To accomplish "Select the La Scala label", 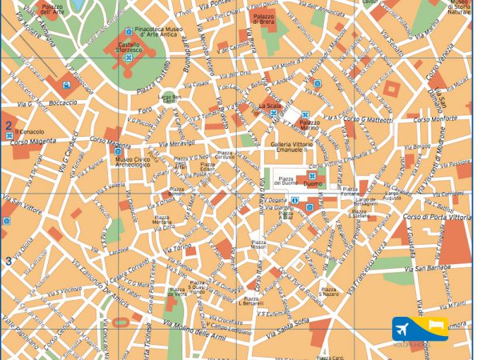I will tap(268, 106).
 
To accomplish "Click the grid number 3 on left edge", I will tap(8, 261).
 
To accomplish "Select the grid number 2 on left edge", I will tap(8, 125).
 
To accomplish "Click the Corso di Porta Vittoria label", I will tap(436, 217).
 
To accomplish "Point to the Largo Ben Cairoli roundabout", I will tap(170, 98).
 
